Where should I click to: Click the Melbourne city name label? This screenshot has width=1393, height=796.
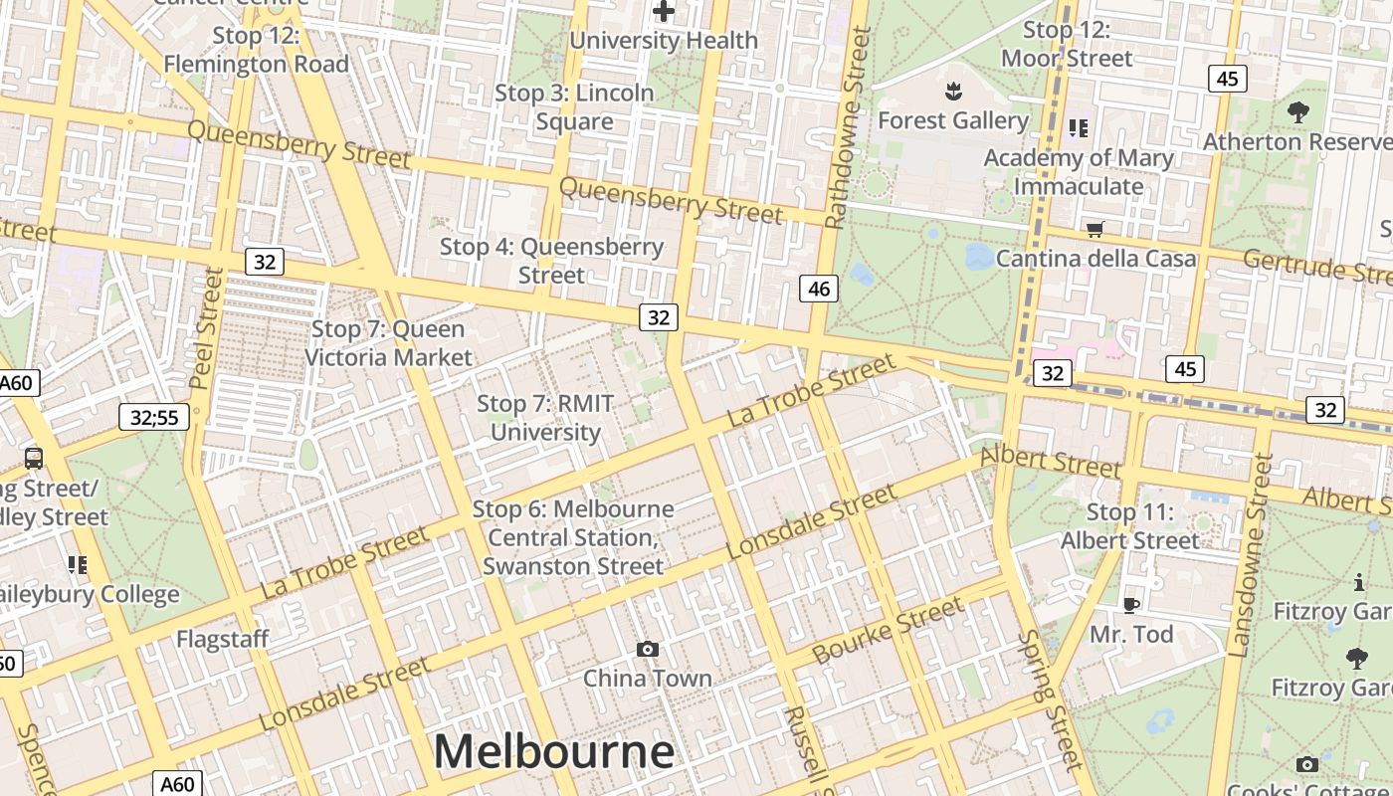pos(553,751)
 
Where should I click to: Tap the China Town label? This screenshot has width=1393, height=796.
pos(648,679)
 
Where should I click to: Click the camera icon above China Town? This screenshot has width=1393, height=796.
pos(648,650)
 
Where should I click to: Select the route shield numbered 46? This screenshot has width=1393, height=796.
pos(819,290)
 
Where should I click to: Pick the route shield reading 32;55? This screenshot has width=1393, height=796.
pos(154,417)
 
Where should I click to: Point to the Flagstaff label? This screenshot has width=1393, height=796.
pos(223,639)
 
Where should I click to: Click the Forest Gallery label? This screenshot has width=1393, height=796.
pos(952,120)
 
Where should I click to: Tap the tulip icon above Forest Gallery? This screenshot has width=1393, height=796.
pos(953,93)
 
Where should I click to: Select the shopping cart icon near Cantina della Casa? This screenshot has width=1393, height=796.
pos(1095,230)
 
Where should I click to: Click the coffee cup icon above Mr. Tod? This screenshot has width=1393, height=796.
pos(1130,605)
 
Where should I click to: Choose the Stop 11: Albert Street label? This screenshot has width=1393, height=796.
pos(1130,526)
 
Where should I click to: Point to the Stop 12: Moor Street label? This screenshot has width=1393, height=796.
pos(1067,45)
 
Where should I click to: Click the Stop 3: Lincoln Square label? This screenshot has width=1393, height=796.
pos(574,106)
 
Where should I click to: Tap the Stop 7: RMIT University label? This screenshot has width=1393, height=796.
pos(545,418)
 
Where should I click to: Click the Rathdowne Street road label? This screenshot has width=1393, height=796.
pos(848,127)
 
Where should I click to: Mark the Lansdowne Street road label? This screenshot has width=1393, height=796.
pos(1252,555)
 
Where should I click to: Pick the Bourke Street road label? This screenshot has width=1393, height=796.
pos(888,631)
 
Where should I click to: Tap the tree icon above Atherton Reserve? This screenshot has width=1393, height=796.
pos(1297,112)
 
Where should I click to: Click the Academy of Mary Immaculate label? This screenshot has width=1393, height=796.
pos(1079,172)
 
